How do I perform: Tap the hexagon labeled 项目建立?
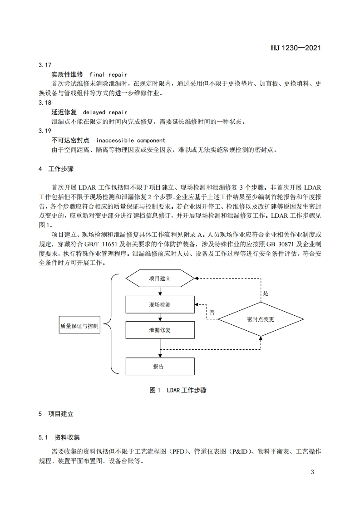click(x=160, y=279)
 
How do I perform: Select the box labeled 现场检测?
click(x=160, y=304)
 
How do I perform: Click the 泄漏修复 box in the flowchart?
click(x=160, y=330)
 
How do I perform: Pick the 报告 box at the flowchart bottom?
click(x=160, y=366)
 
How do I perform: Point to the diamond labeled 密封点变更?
click(x=261, y=319)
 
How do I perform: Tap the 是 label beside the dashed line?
click(x=266, y=294)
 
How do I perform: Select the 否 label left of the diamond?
click(x=212, y=313)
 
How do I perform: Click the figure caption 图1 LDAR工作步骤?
click(x=178, y=390)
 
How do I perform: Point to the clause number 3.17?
click(x=45, y=65)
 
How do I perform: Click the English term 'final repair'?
click(x=108, y=74)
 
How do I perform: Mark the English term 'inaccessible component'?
click(x=131, y=141)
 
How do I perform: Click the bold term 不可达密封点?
click(x=70, y=141)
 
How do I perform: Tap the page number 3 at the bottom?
click(x=312, y=472)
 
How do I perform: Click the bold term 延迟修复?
click(x=64, y=112)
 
